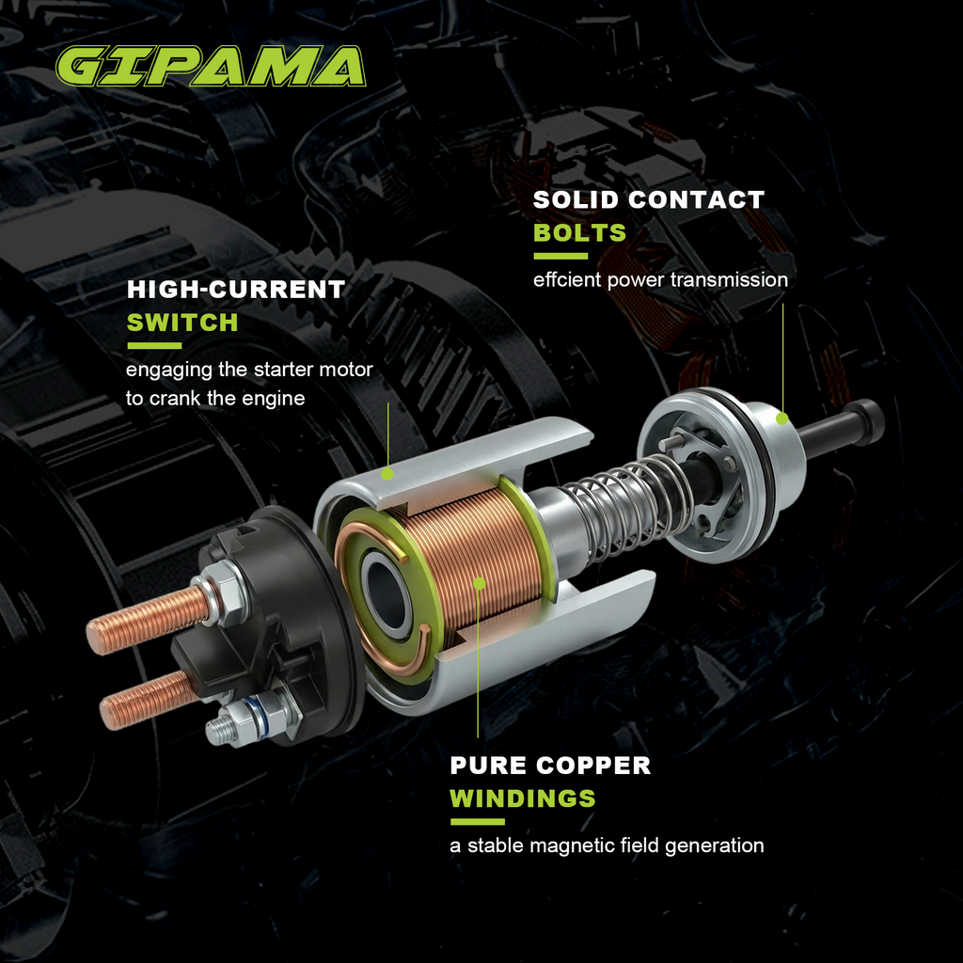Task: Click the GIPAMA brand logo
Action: click(211, 67)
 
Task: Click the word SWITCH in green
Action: click(182, 323)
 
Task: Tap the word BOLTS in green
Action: click(579, 233)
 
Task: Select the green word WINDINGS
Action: click(523, 798)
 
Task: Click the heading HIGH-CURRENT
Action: click(236, 290)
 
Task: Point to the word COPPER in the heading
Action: click(593, 766)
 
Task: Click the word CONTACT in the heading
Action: click(697, 199)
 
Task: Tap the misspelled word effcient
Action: click(567, 279)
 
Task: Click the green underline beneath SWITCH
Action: click(154, 346)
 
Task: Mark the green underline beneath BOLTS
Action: click(560, 256)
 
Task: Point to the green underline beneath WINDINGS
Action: click(477, 822)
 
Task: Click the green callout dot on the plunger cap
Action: click(781, 418)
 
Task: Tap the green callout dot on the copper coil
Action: click(479, 583)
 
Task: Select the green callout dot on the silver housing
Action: click(387, 474)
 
